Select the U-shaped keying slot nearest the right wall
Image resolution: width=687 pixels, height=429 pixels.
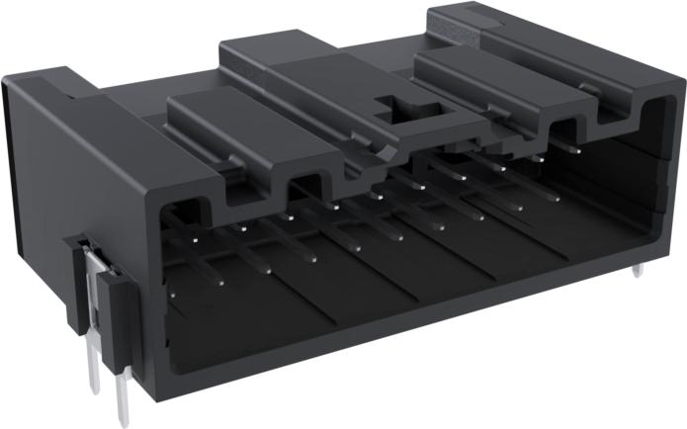coord(569,129)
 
